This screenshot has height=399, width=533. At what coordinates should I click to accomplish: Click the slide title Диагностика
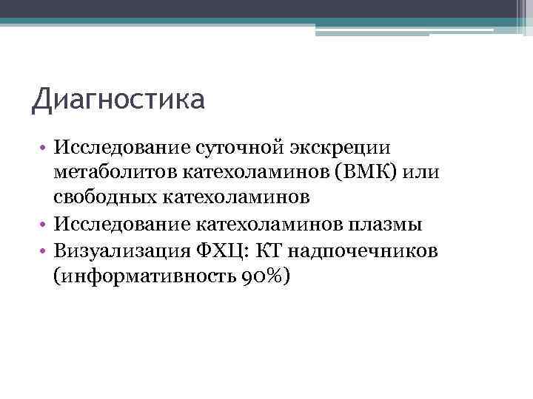click(x=118, y=99)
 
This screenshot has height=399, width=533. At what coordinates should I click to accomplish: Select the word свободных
click(x=108, y=198)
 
